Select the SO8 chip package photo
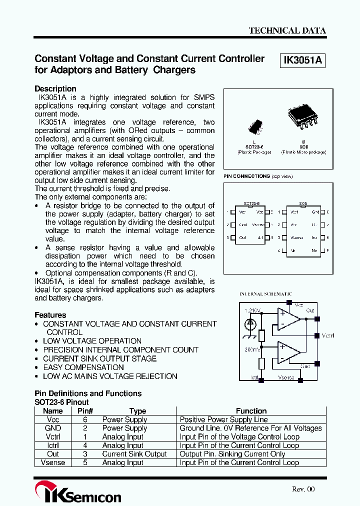(303, 117)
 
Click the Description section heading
(55, 88)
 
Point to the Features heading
(50, 315)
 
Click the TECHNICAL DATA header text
(287, 30)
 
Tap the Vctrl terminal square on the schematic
(316, 335)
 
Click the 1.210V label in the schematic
(253, 310)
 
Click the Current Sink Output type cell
(134, 454)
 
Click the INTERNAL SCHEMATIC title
(265, 294)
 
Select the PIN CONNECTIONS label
(247, 176)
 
